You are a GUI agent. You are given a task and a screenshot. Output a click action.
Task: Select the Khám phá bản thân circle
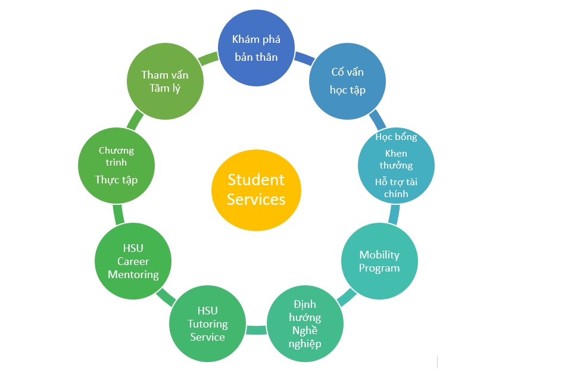point(256,48)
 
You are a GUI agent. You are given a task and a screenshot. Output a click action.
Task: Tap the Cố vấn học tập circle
point(347,81)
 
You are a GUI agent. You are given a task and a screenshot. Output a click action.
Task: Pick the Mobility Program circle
point(379,261)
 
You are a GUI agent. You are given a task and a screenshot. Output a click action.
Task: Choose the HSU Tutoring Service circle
point(208,323)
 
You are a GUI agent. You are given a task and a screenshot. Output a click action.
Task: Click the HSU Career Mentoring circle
point(133,261)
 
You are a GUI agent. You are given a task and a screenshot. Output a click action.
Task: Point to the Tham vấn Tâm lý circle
point(166,81)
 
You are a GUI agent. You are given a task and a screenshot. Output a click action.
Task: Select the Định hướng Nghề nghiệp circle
point(305,323)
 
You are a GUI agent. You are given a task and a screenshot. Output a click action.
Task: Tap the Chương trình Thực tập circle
point(117,166)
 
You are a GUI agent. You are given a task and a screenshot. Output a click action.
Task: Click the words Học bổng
point(396,137)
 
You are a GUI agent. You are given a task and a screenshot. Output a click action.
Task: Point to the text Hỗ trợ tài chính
point(396,188)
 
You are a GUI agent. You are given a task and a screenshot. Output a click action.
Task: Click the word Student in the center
point(256,180)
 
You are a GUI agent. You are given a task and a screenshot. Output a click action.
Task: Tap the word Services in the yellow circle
point(256,200)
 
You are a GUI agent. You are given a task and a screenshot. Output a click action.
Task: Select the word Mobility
point(379,255)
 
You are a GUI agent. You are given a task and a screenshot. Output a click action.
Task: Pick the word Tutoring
point(208,324)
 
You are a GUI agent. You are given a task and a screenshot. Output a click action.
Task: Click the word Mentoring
point(133,275)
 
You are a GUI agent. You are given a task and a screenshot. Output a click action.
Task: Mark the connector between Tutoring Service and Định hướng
point(257,329)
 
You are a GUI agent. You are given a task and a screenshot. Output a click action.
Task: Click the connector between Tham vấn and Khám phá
point(208,58)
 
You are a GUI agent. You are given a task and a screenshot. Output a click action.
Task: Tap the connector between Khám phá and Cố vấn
point(304,58)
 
